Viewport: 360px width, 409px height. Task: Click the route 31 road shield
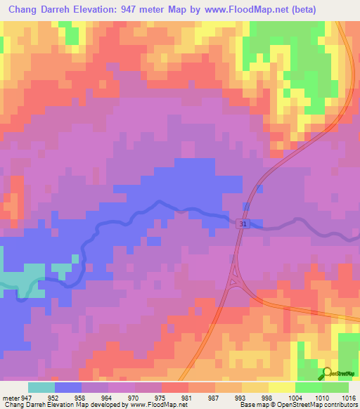coord(242,223)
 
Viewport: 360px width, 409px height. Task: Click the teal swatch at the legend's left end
coord(41,387)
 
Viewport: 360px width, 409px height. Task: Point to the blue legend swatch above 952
coord(68,387)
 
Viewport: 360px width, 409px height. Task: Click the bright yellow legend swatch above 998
coord(281,387)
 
